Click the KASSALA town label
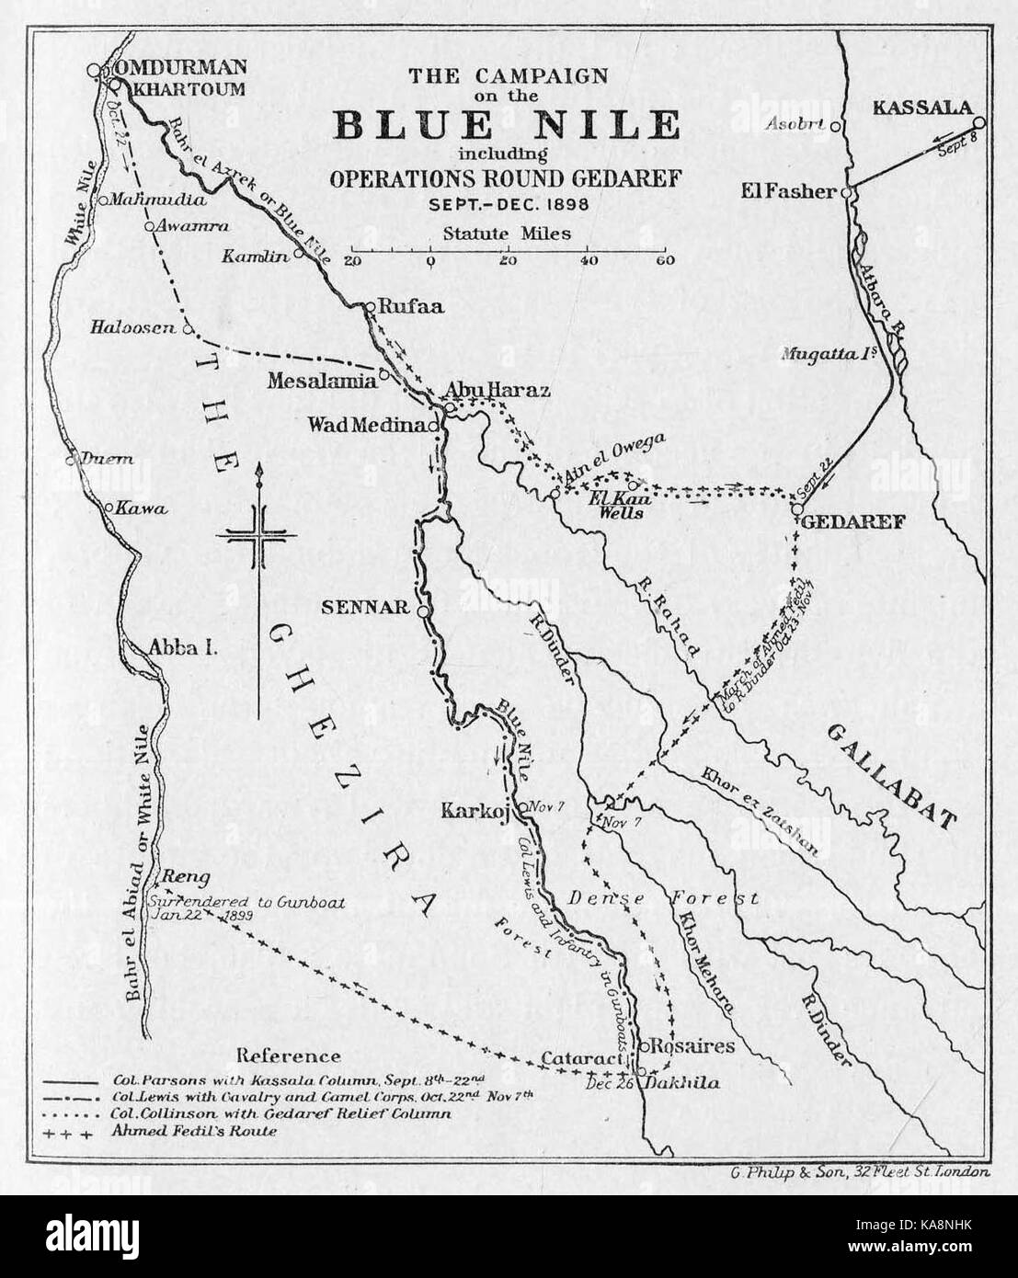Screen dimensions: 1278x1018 [921, 108]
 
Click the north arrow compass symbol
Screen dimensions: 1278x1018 [260, 538]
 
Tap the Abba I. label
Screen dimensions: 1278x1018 [181, 648]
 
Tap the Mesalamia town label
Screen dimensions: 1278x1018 [322, 379]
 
